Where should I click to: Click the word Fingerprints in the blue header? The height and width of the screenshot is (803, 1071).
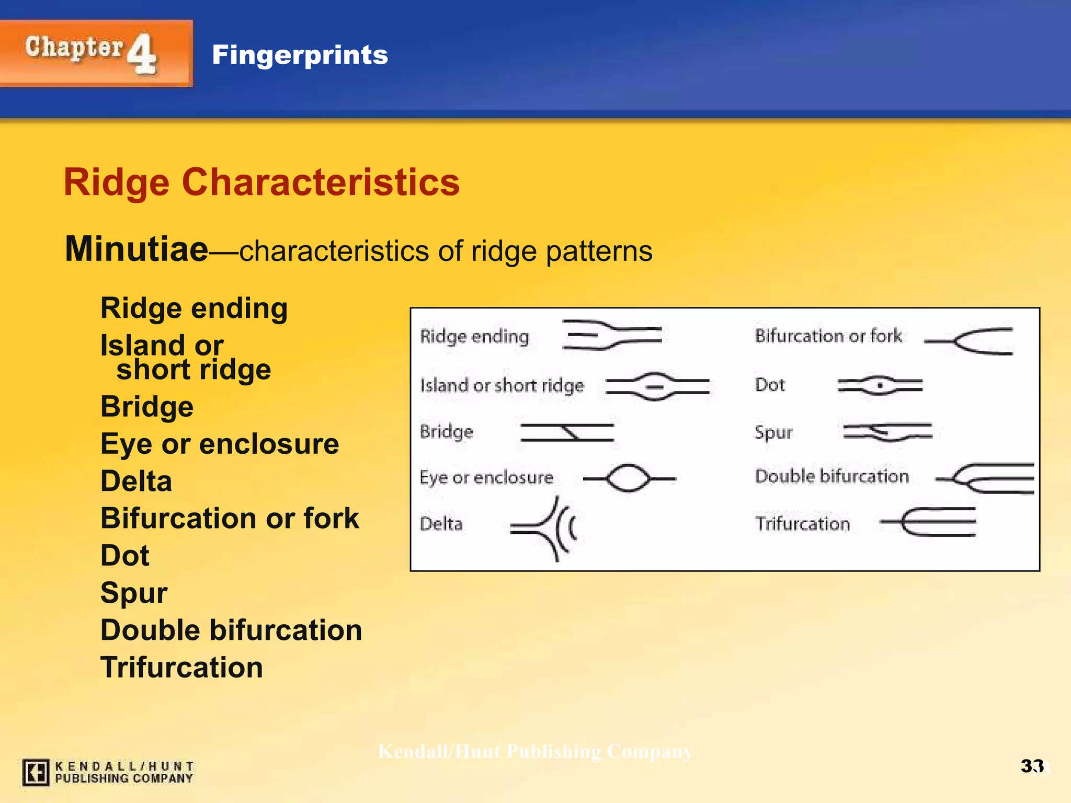coord(300,55)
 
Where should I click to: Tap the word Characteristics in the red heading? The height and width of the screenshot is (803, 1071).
coord(320,182)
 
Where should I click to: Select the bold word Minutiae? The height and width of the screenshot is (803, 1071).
coord(136,249)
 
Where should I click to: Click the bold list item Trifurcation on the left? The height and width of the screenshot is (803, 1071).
coord(181,668)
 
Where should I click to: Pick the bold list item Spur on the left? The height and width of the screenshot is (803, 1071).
coord(134,593)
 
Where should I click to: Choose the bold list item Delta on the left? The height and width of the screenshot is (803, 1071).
coord(136,481)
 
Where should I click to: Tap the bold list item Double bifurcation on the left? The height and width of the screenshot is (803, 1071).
coord(231,630)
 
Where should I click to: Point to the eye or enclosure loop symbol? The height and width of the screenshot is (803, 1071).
coord(628,478)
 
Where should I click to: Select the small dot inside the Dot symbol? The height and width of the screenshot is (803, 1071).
coord(880,386)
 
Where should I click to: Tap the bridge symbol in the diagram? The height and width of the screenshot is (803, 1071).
coord(567,433)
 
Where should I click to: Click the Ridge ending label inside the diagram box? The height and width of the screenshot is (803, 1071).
coord(474,336)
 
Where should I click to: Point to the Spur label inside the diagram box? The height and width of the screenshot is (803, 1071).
coord(773,432)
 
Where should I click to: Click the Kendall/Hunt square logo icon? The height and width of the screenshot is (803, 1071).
coord(36,772)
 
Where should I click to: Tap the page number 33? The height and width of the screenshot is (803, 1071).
coord(1032,766)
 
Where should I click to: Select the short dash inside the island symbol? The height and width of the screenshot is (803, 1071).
coord(654,387)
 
